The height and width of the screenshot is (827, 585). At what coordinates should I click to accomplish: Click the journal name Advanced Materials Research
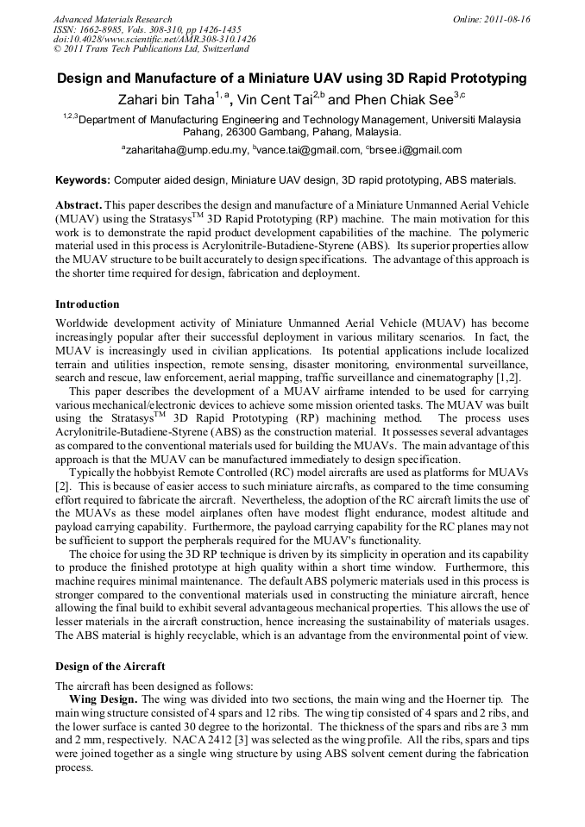[x=112, y=19]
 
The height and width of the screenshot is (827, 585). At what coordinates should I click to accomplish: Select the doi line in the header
[x=154, y=40]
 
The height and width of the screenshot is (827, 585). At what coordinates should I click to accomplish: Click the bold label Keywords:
[x=83, y=180]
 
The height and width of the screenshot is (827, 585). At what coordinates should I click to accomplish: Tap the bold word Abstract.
[x=78, y=206]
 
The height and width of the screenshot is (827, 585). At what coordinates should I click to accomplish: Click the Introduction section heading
[x=87, y=304]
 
